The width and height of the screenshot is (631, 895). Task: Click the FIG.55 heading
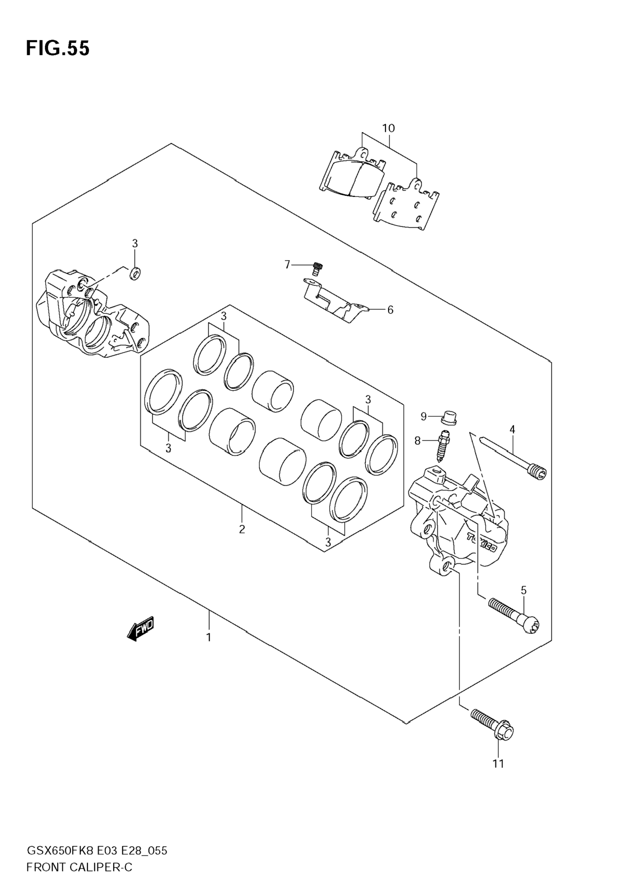pyautogui.click(x=58, y=49)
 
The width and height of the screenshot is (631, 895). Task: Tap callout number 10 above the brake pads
pyautogui.click(x=388, y=128)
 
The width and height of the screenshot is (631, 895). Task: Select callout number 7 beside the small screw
pyautogui.click(x=288, y=265)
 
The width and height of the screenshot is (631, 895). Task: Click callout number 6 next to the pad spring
pyautogui.click(x=390, y=310)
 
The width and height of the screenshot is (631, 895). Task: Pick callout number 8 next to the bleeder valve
pyautogui.click(x=418, y=441)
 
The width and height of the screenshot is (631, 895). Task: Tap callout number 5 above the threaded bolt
pyautogui.click(x=524, y=590)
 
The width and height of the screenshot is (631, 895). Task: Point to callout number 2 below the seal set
pyautogui.click(x=242, y=529)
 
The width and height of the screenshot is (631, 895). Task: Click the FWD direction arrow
pyautogui.click(x=141, y=628)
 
